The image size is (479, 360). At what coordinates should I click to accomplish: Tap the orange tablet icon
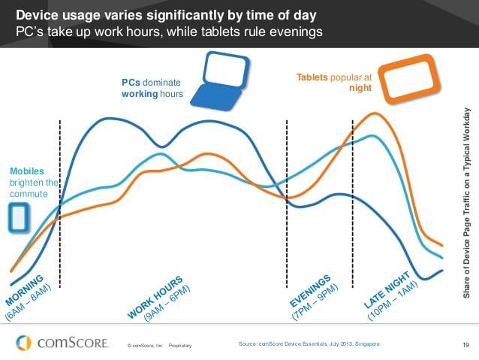[407, 77]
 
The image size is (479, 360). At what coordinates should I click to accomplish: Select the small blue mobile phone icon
[19, 217]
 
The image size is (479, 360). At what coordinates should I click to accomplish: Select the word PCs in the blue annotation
[131, 82]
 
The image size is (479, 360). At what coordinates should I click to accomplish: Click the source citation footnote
[309, 343]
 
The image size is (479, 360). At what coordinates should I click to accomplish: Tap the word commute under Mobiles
[29, 194]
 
